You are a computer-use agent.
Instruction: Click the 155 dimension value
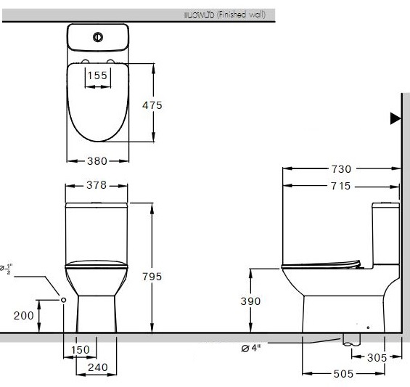[x=97, y=74]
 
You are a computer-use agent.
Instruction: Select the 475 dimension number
[x=152, y=105]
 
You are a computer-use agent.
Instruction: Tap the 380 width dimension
[x=97, y=161]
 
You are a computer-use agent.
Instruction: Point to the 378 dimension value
[x=97, y=186]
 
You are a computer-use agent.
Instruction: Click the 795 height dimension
[x=152, y=277]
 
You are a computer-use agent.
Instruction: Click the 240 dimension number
[x=97, y=367]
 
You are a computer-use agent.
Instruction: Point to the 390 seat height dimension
[x=250, y=301]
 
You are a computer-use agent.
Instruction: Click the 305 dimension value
[x=375, y=357]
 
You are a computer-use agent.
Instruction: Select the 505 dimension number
[x=343, y=374]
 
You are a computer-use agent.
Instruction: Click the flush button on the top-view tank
[x=97, y=37]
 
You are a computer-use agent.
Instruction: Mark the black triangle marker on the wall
[x=395, y=118]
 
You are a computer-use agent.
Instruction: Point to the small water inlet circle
[x=64, y=299]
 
